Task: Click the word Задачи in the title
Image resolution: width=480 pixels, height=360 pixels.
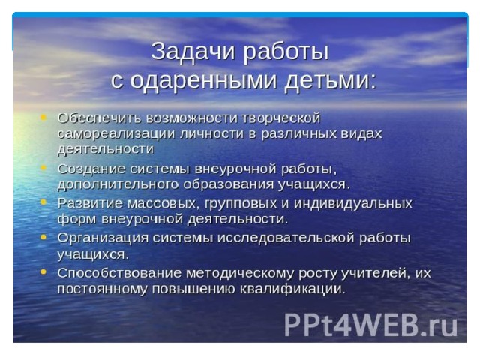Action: coord(193,52)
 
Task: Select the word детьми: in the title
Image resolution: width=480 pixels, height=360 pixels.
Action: coord(331,80)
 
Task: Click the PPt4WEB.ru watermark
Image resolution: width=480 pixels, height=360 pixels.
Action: coord(370,325)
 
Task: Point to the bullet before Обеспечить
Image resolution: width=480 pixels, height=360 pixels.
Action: coord(43,117)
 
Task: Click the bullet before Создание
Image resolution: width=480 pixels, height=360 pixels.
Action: coord(43,167)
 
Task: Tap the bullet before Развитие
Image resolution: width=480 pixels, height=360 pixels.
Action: coord(43,202)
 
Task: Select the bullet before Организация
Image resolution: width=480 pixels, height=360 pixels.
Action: coord(43,237)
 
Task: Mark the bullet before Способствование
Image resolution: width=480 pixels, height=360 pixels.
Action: coord(43,271)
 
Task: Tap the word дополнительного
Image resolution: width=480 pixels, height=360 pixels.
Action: coord(118,185)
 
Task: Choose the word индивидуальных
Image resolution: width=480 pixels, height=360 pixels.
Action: coord(353,203)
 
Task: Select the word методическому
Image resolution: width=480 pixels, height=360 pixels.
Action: coord(240,273)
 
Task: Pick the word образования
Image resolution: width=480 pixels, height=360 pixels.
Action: coord(229,185)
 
